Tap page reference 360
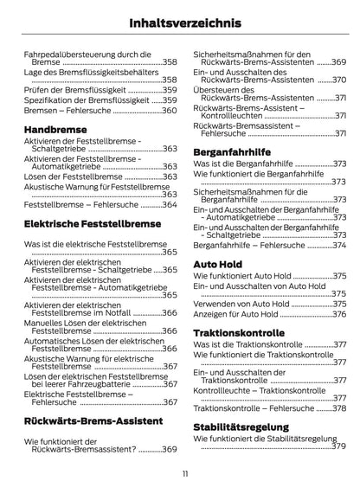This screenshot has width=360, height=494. [x=170, y=111]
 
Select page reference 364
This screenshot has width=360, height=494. [x=170, y=205]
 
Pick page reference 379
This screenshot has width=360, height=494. [x=338, y=446]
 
